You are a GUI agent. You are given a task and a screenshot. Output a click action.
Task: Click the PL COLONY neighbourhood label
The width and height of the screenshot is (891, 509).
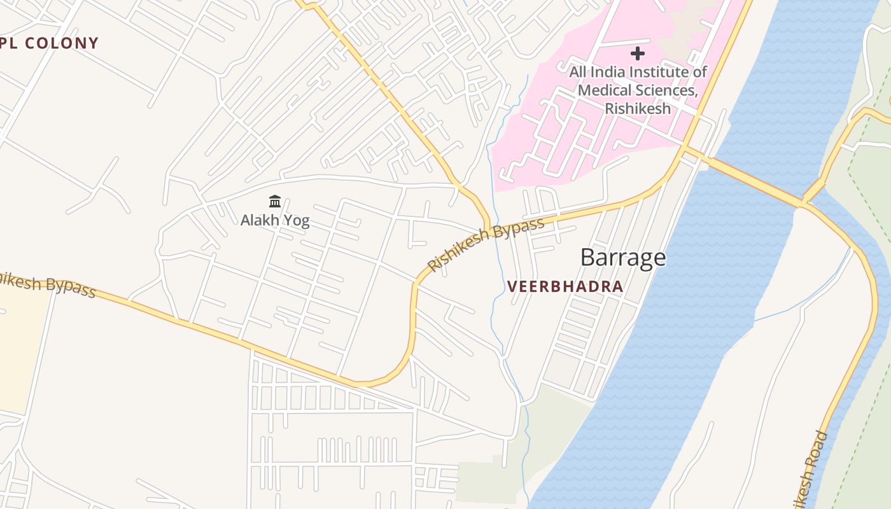(x=50, y=43)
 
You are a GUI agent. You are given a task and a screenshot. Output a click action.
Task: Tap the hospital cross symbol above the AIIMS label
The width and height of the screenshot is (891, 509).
(x=637, y=53)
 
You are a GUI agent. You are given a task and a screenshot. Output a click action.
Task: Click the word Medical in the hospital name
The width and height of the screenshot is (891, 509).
(x=604, y=90)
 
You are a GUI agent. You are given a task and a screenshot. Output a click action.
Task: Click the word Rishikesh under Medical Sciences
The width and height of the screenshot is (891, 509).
(x=637, y=108)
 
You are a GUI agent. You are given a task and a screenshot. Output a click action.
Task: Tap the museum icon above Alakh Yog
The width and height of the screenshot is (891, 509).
(x=275, y=202)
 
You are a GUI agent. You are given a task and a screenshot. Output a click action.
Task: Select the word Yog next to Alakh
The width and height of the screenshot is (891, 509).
(x=297, y=221)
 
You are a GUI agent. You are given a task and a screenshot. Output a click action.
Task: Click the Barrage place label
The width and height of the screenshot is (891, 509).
(x=623, y=258)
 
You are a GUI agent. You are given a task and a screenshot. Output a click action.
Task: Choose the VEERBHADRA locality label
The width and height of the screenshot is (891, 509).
(x=565, y=287)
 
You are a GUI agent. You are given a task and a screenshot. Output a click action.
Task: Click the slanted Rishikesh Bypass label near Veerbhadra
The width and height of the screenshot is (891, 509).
(x=486, y=244)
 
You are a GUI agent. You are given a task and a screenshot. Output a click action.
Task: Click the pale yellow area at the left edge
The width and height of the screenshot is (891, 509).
(x=22, y=356)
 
